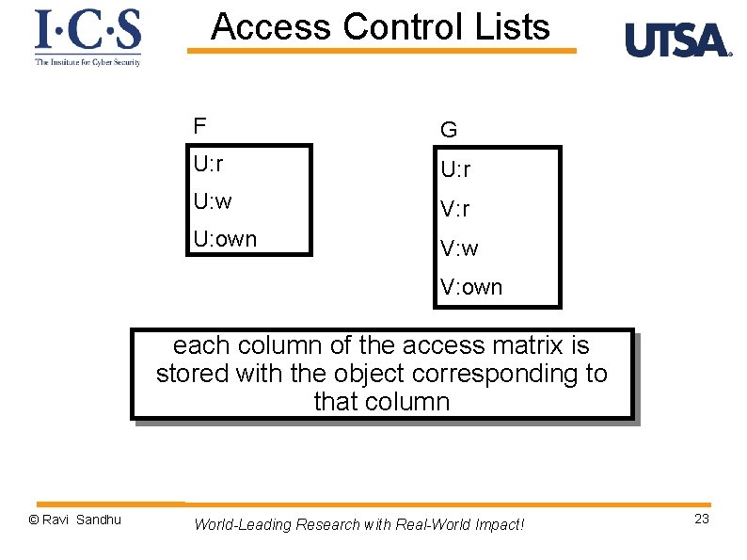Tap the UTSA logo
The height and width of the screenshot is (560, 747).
click(677, 40)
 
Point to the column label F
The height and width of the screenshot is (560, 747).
click(199, 126)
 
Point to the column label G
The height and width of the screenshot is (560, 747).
click(449, 129)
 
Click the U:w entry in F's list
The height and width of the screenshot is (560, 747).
click(213, 201)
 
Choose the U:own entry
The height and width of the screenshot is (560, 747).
click(225, 239)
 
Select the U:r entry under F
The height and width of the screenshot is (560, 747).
click(208, 164)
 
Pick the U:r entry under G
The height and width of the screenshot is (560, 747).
click(456, 169)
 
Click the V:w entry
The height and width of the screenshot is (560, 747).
click(459, 248)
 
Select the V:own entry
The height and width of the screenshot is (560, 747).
click(471, 287)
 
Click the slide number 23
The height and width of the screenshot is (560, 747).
click(702, 520)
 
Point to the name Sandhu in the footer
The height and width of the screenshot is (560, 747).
click(99, 520)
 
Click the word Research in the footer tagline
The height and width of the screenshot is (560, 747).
click(327, 524)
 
